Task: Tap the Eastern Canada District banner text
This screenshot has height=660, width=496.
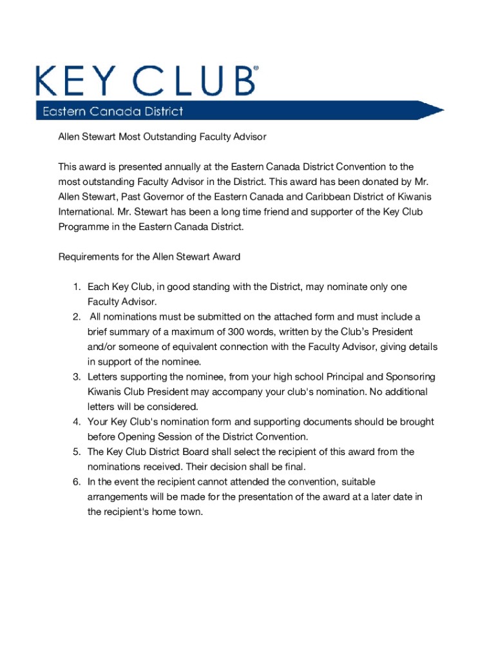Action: [113, 112]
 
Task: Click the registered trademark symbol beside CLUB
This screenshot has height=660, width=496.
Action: [256, 67]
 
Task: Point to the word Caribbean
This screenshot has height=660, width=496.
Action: [316, 197]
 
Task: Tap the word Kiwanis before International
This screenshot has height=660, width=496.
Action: [414, 197]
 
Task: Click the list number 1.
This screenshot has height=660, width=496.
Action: [75, 287]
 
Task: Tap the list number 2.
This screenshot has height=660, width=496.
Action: [75, 317]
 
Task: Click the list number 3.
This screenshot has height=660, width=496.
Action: [75, 377]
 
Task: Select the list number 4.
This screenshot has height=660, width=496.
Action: [75, 422]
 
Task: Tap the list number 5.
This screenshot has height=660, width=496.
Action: [75, 452]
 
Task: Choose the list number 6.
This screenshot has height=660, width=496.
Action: [75, 482]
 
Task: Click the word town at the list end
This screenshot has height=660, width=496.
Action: [191, 512]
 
